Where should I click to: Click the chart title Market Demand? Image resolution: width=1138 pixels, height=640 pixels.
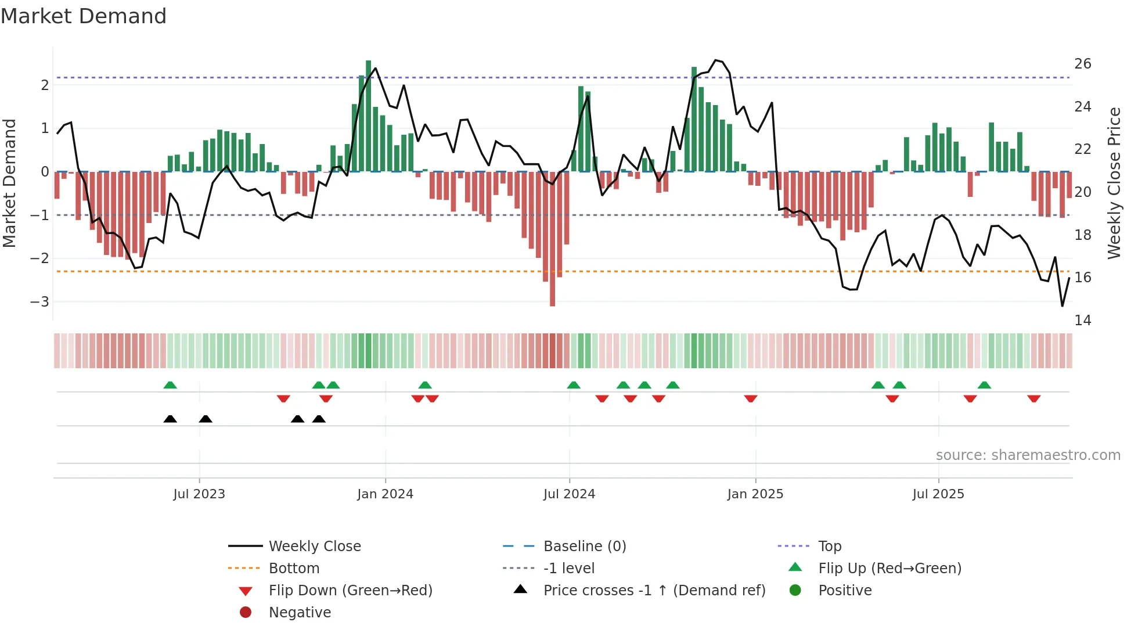click(84, 16)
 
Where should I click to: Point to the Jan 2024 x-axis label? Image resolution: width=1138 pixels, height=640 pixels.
click(385, 494)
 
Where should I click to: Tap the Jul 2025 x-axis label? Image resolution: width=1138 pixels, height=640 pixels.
click(938, 494)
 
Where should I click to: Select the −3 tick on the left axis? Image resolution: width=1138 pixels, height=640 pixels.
click(39, 302)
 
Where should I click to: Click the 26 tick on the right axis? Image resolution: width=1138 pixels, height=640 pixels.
click(1082, 64)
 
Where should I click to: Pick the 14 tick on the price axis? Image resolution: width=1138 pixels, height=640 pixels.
click(1082, 321)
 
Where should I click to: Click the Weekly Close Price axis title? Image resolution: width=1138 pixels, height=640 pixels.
click(1114, 183)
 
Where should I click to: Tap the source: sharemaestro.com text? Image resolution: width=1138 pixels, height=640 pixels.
click(1028, 455)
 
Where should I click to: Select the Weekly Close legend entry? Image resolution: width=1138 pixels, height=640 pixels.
click(314, 546)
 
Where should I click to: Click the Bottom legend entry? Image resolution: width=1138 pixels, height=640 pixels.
click(294, 569)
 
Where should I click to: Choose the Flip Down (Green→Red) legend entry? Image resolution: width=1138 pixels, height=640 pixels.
click(350, 591)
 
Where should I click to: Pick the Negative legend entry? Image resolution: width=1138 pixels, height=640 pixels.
click(300, 613)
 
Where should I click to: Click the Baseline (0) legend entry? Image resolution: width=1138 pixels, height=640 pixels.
click(584, 546)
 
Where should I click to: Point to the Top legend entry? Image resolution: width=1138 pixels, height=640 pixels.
click(830, 546)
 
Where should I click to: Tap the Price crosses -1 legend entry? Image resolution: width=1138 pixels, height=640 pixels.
click(654, 591)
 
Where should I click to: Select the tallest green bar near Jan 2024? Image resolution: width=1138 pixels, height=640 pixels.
click(369, 116)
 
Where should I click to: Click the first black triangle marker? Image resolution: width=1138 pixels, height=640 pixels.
click(170, 419)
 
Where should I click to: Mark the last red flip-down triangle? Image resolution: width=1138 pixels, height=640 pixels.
click(1033, 398)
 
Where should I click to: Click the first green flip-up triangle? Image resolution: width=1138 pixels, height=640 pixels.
click(170, 385)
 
